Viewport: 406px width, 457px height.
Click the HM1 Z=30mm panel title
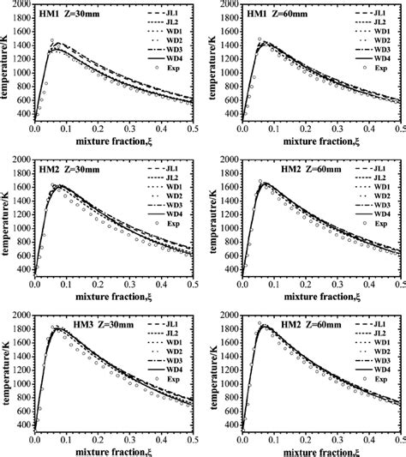pos(71,15)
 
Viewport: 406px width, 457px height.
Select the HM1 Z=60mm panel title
pos(279,15)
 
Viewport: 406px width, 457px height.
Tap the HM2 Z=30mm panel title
pos(71,168)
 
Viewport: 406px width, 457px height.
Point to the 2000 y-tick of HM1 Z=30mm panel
pos(19,6)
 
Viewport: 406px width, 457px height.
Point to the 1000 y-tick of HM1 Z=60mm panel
pos(227,73)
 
